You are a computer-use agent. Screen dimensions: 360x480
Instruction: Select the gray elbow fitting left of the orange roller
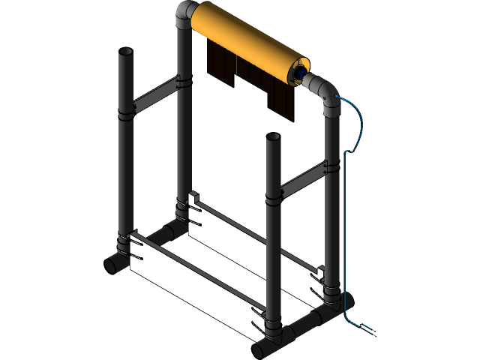[x=185, y=15]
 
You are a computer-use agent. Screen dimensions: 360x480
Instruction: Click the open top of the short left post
[x=125, y=53]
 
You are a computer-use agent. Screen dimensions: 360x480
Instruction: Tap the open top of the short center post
[x=273, y=138]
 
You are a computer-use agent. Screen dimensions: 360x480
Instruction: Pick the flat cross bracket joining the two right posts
[x=304, y=177]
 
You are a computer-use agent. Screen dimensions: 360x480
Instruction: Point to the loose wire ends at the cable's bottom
[x=369, y=330]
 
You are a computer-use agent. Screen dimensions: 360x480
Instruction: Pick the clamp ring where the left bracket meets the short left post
[x=125, y=112]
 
